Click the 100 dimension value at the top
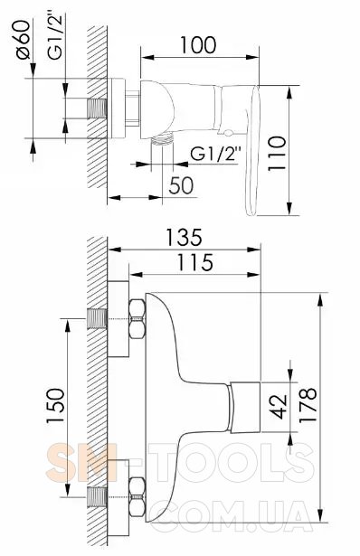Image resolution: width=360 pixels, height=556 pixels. [x=198, y=45]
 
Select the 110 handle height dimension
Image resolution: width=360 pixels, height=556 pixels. [x=277, y=154]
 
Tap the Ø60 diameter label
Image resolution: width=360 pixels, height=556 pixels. [x=24, y=40]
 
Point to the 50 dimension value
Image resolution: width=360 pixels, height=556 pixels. [x=181, y=185]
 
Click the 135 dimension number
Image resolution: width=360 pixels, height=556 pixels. [x=185, y=237]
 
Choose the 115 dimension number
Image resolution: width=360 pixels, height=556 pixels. [x=195, y=262]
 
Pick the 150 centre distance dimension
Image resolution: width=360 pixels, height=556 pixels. [x=56, y=406]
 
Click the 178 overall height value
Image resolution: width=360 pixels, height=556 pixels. [x=308, y=405]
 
